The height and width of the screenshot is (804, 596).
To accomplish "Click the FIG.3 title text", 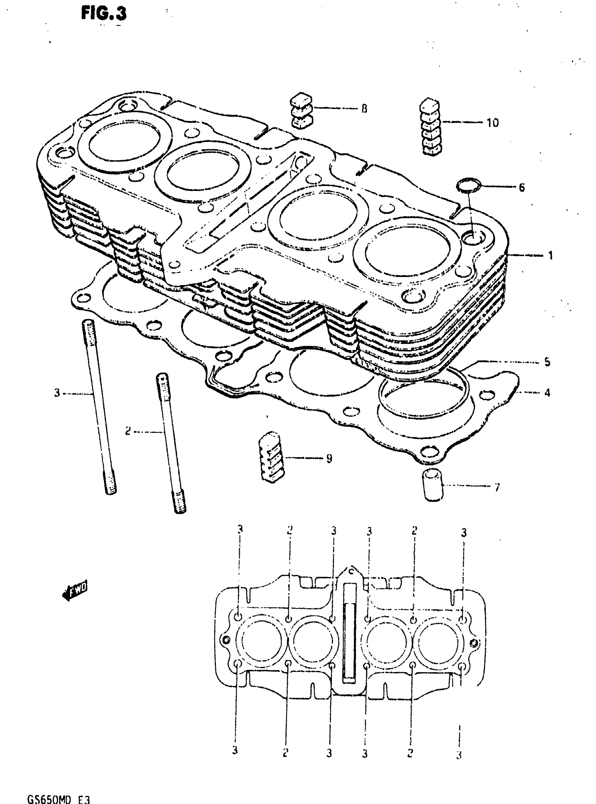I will [104, 14].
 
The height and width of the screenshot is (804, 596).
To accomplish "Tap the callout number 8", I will [364, 109].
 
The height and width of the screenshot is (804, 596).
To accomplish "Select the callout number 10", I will [493, 123].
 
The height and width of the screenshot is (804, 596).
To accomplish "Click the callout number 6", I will [522, 187].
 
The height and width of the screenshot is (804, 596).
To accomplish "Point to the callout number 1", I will [550, 256].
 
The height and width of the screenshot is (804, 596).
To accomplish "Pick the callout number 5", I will [547, 362].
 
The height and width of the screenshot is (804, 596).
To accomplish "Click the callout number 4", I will [547, 392].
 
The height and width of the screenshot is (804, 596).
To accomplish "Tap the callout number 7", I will [497, 487].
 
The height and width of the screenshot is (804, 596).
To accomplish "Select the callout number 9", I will [329, 459].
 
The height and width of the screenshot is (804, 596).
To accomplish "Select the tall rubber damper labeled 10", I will [431, 126].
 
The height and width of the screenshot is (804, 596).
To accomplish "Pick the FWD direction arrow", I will [75, 590].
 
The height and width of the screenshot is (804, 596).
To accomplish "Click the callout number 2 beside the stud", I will [128, 431].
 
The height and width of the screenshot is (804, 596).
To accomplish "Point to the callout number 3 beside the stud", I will [57, 393].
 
